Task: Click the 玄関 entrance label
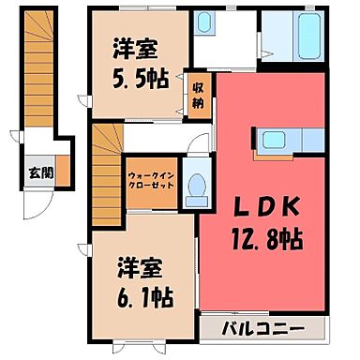pyautogui.click(x=40, y=172)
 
